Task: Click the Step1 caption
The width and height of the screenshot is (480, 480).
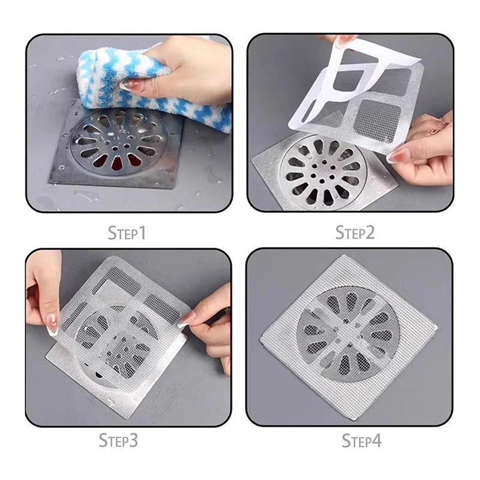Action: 127,233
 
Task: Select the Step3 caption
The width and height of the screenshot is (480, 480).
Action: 118,440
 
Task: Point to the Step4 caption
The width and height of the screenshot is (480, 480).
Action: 362,441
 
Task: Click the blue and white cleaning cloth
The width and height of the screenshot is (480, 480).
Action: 153,89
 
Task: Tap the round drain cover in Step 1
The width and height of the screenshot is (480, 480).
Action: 119,142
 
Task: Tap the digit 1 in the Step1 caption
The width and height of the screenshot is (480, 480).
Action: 142,233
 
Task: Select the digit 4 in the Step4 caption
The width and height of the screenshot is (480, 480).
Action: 376,441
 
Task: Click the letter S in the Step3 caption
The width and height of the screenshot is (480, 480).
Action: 103,440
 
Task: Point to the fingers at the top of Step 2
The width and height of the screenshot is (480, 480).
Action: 338,40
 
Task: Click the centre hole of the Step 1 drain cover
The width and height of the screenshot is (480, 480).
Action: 115,148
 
